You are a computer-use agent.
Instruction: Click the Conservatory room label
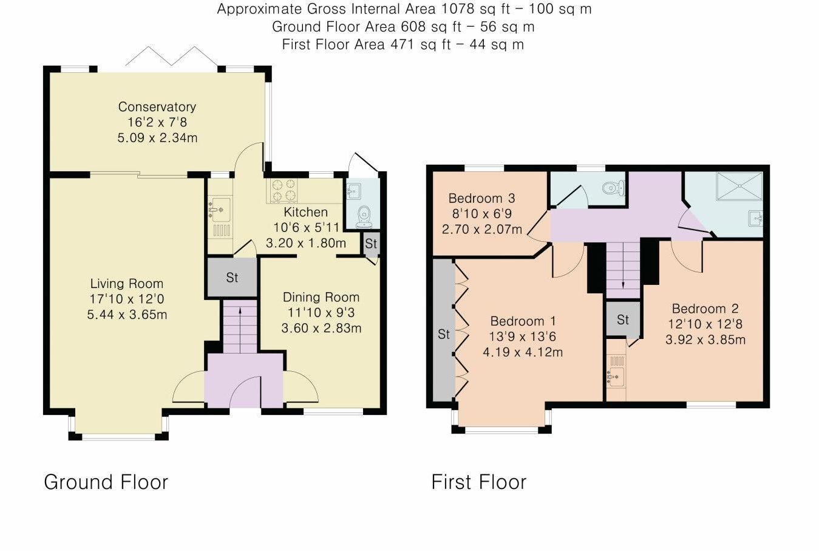[x=157, y=107]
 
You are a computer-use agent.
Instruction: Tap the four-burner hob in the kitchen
[x=283, y=190]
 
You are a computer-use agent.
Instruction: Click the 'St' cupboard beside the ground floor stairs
[x=232, y=278]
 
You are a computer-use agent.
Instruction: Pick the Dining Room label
[x=321, y=297]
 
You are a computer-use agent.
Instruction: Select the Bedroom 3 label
[x=481, y=198]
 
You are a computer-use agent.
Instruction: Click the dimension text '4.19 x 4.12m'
[x=523, y=352]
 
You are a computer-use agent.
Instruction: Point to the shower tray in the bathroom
[x=739, y=186]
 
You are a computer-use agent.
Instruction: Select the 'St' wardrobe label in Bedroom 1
[x=444, y=334]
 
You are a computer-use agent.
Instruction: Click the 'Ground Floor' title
[x=106, y=482]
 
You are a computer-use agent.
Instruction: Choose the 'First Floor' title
[x=478, y=482]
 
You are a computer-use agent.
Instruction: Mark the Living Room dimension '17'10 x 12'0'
[x=127, y=299]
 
